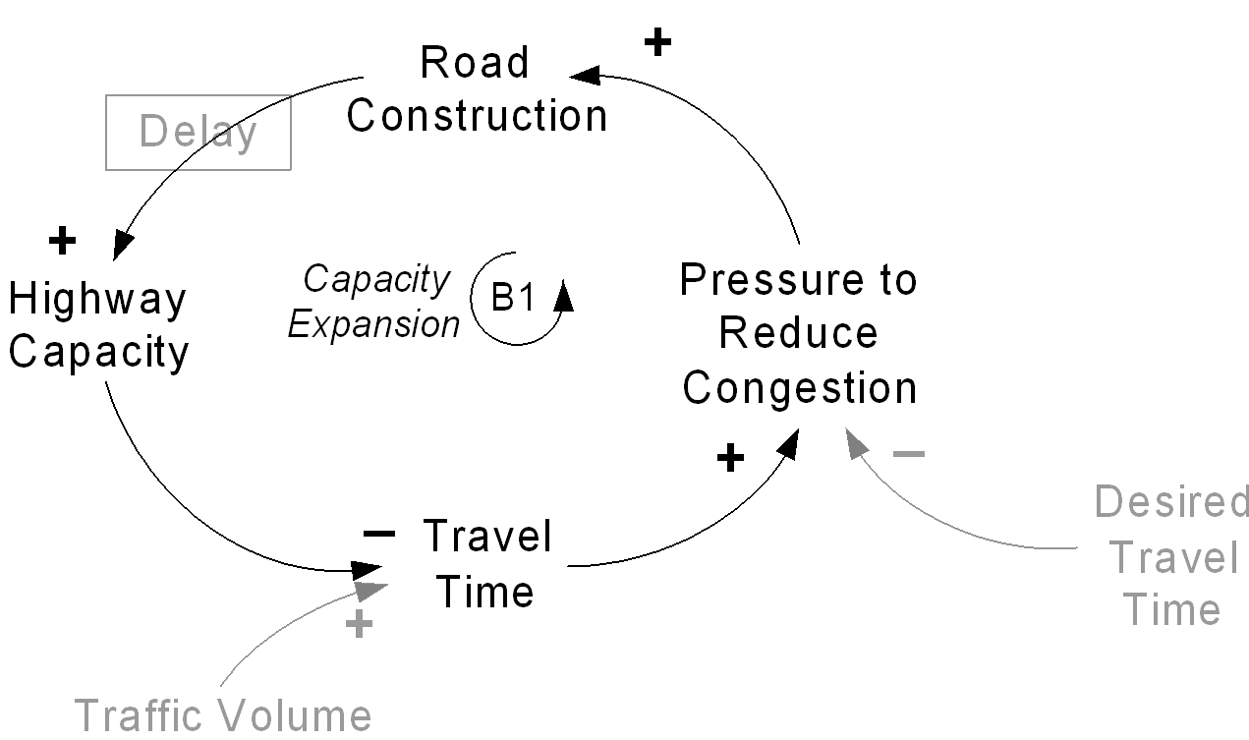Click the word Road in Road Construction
point(475,62)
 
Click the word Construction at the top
point(477,115)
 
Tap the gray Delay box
point(199,133)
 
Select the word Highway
point(97,300)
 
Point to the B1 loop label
point(512,297)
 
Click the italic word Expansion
point(373,324)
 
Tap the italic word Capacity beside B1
point(376,278)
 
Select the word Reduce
point(799,333)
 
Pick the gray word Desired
point(1171,501)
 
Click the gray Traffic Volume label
point(223,714)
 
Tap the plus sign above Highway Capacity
point(62,241)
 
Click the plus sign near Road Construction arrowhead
point(657,42)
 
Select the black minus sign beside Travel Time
point(379,534)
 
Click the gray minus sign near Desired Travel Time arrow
point(909,454)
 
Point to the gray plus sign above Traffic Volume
point(359,623)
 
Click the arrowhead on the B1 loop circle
point(564,295)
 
